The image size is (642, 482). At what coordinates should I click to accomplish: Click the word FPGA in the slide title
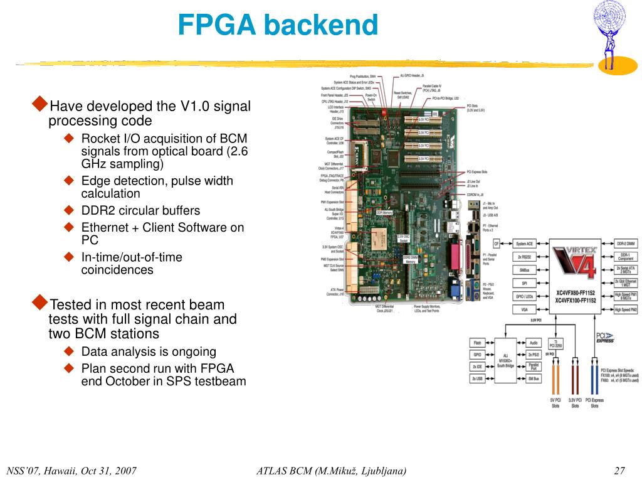click(216, 26)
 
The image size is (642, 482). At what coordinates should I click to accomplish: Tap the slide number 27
click(621, 471)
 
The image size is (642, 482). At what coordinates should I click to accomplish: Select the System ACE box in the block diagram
click(525, 244)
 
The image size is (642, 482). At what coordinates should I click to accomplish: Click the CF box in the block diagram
click(497, 244)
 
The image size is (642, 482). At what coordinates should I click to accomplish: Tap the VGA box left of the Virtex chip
click(525, 309)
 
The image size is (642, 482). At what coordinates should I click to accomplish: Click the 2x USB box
click(478, 378)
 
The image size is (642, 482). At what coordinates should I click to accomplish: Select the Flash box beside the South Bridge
click(478, 343)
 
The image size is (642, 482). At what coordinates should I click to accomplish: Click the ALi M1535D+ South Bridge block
click(507, 360)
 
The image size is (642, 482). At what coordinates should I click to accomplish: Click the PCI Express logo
click(604, 338)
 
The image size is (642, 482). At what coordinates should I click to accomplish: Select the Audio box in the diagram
click(534, 343)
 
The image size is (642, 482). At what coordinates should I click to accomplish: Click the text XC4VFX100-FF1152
click(576, 301)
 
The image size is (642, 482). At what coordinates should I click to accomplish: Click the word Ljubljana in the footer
click(380, 471)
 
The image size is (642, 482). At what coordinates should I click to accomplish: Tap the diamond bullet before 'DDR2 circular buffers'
click(70, 210)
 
